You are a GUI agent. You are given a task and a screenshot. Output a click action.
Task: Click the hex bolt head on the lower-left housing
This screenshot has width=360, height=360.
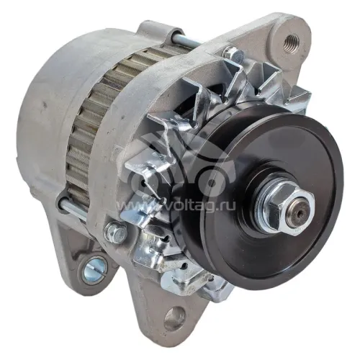114,233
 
